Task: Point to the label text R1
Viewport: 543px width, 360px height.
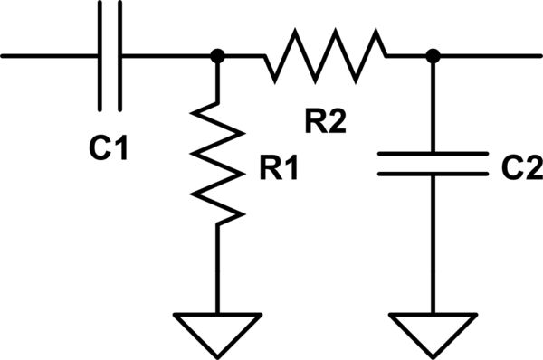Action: coord(276,169)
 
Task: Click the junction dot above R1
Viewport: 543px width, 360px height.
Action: coord(218,56)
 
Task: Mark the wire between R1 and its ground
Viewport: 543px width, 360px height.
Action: coord(218,267)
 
